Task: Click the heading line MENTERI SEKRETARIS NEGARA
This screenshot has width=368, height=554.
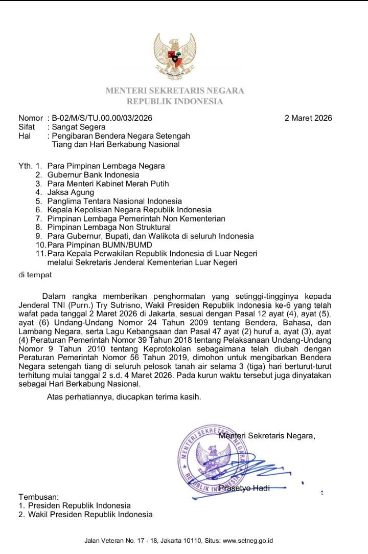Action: tap(175, 91)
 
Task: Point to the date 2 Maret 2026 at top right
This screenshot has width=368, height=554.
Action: tap(308, 118)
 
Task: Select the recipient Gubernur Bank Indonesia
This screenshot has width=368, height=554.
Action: tap(93, 174)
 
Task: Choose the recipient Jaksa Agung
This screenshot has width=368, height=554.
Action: tap(71, 192)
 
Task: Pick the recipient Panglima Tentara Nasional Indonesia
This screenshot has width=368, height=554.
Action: tap(114, 201)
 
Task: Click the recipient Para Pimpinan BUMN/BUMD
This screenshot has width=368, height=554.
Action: tap(95, 245)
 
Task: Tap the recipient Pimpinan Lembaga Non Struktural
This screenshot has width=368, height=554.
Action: tap(109, 227)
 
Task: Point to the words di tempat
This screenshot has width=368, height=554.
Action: tap(35, 275)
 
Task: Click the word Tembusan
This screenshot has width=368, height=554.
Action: tap(39, 497)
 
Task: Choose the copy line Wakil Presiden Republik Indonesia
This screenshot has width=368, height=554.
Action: tap(90, 514)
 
